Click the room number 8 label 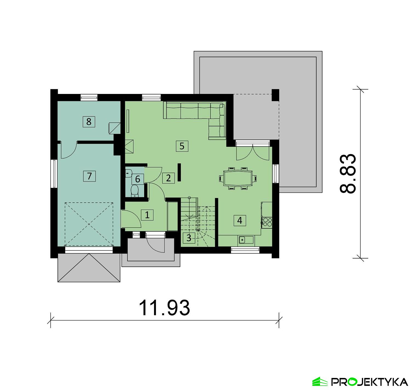(89, 121)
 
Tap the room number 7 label (89, 176)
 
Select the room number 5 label (182, 146)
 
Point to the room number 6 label (138, 179)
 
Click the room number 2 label (168, 178)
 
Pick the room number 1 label (147, 215)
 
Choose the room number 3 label (189, 238)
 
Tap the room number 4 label (240, 220)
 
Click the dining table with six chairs (238, 178)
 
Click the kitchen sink (242, 240)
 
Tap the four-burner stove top (267, 222)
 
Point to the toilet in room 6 (135, 190)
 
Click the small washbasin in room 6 (129, 173)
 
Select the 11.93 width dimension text (164, 308)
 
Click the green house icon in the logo (320, 382)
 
